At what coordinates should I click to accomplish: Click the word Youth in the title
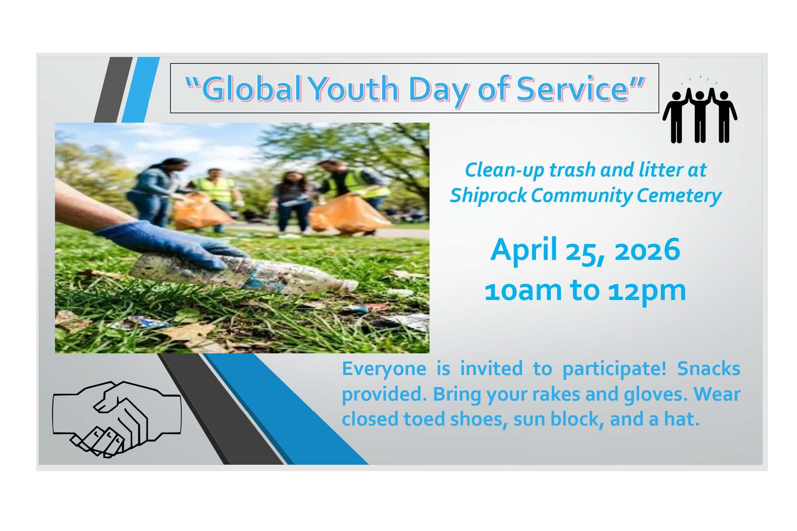tap(354, 89)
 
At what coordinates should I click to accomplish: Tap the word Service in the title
tap(573, 89)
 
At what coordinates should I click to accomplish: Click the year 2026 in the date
tap(647, 249)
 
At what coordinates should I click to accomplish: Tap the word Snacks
tap(708, 369)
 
